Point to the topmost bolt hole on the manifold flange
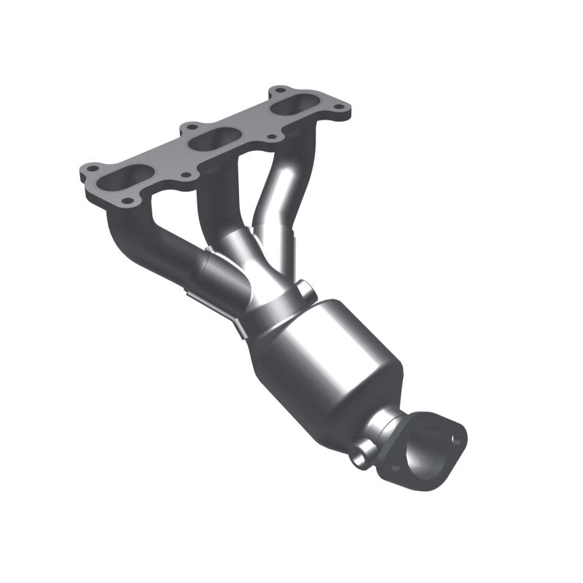(278, 92)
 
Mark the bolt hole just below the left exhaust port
(130, 200)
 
